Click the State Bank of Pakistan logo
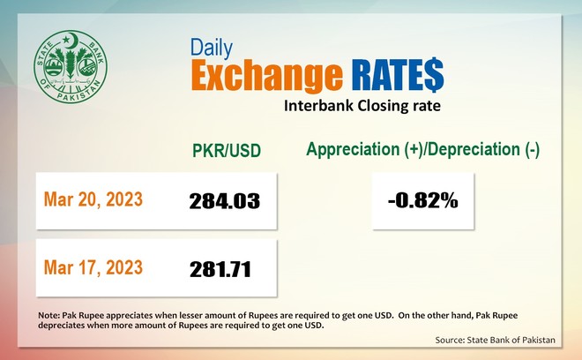click(71, 67)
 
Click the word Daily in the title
click(212, 48)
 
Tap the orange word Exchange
click(267, 75)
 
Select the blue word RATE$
click(398, 75)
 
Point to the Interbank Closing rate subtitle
click(362, 106)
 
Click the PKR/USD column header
click(227, 151)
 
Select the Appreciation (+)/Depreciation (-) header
click(422, 149)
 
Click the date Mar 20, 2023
click(93, 199)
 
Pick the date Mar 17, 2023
click(93, 267)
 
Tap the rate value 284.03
click(225, 201)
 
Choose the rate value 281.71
click(220, 269)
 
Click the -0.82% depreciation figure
click(422, 201)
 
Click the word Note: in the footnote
click(49, 315)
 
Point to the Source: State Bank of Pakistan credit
click(496, 340)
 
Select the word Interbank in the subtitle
click(319, 106)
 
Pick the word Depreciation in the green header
click(476, 149)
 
